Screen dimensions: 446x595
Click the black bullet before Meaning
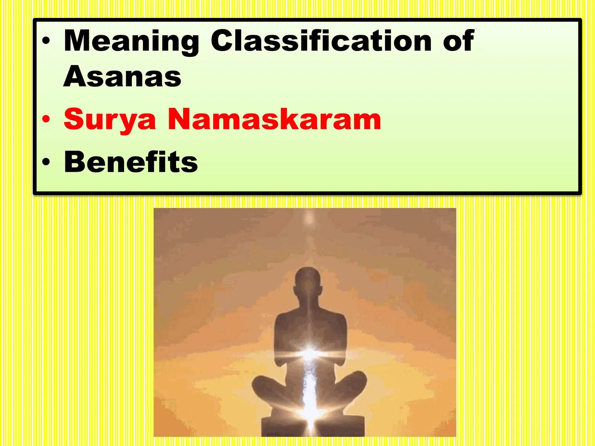[46, 41]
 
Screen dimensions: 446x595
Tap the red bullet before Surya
[46, 120]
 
